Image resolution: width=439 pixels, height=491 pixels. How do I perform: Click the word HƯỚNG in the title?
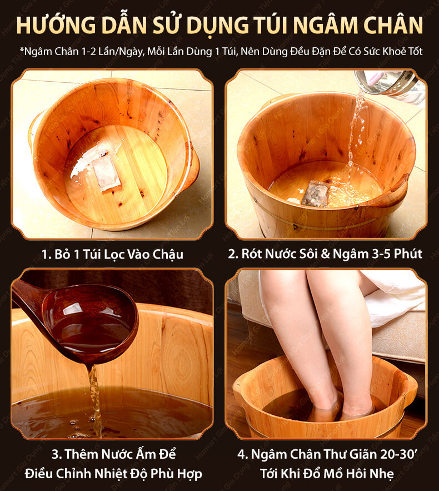click(x=56, y=24)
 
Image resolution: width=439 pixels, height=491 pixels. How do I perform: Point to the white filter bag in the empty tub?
click(x=106, y=172)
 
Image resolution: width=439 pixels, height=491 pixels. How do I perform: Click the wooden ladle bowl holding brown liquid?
click(x=91, y=326)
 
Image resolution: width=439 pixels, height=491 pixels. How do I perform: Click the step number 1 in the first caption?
click(x=46, y=254)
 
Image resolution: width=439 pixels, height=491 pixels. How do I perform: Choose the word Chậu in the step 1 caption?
click(x=168, y=254)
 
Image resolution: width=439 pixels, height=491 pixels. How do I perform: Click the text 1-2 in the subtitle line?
click(x=88, y=51)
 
